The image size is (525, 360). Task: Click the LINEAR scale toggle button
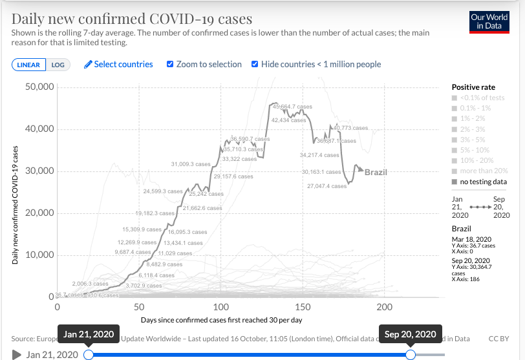point(28,65)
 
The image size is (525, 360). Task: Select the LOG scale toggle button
point(58,65)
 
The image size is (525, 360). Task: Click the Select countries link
point(118,64)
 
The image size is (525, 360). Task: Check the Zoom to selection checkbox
point(170,64)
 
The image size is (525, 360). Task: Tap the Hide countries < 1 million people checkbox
point(255,64)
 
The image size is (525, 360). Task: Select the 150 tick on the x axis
point(303,307)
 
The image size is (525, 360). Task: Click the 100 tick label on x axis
point(221,307)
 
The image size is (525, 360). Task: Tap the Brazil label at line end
point(376,173)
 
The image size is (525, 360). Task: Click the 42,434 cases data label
point(288,120)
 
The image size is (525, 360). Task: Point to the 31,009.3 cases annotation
point(191,164)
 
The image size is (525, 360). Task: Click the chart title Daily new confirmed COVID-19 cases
point(132,19)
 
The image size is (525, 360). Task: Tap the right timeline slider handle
point(410,354)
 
